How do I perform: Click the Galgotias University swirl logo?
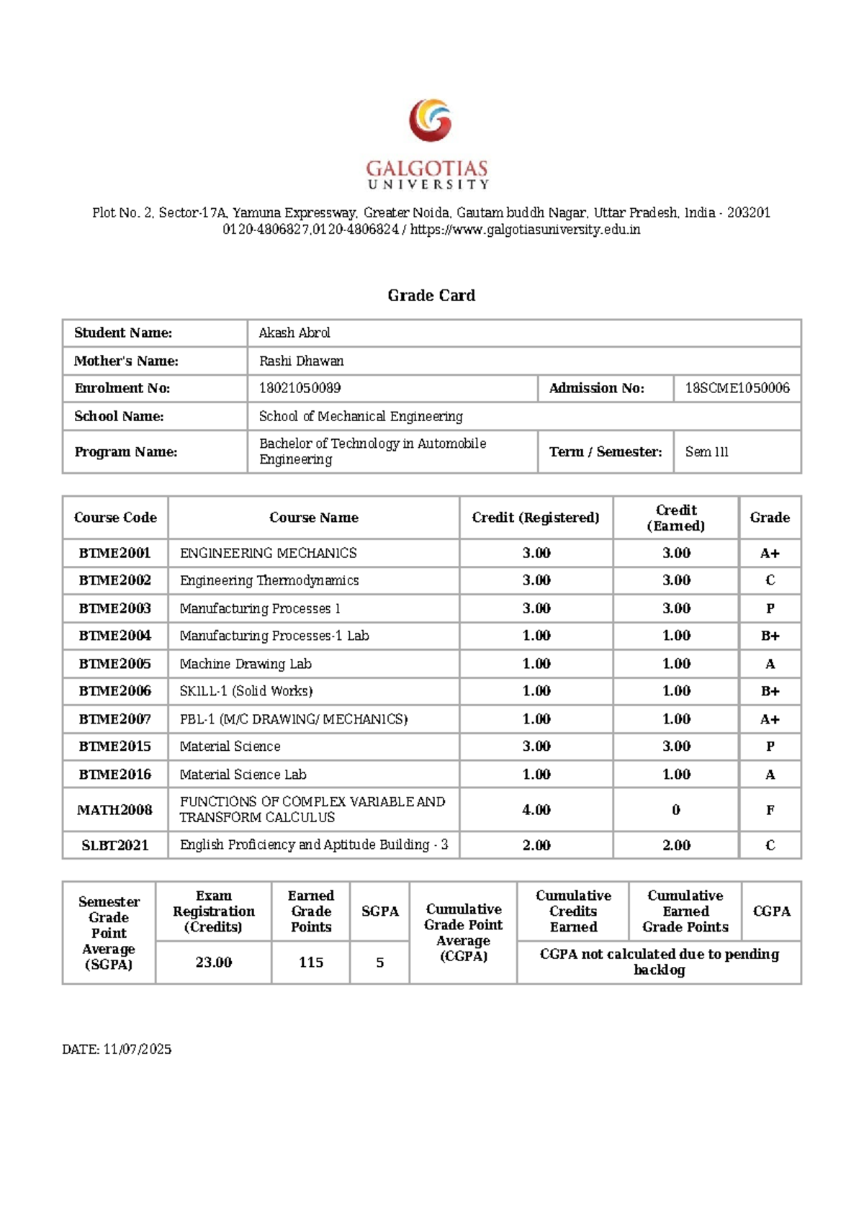431,120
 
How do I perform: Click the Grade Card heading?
431,295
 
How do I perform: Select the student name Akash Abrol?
294,333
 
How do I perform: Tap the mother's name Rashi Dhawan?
301,361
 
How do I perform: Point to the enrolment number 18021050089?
300,388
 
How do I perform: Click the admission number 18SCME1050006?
737,388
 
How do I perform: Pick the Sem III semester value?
706,451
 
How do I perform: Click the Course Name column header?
313,517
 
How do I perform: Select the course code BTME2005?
115,663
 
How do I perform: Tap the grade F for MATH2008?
770,810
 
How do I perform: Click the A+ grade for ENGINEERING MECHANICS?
770,553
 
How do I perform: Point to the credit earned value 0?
676,810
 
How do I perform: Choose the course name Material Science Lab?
243,774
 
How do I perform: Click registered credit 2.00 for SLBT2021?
536,844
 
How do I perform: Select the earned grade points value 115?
311,962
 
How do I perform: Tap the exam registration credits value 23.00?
214,962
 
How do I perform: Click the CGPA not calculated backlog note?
659,961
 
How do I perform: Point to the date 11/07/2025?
137,1049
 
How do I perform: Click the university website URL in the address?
525,230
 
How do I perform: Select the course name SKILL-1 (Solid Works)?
246,690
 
